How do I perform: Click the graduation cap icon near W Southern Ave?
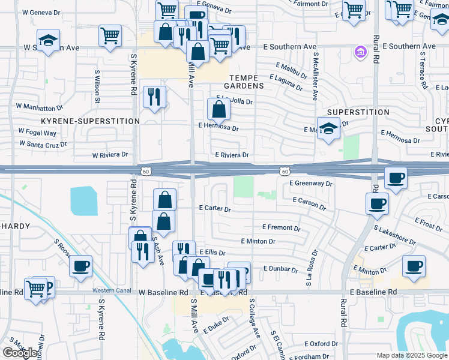(x=48, y=41)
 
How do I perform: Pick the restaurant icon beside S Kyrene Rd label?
(x=154, y=96)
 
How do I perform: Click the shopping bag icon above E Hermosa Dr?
(x=219, y=109)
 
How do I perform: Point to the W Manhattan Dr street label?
(x=40, y=107)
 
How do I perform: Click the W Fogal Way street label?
(x=37, y=133)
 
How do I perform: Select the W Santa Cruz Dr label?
(x=43, y=144)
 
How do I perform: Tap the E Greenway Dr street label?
(x=310, y=183)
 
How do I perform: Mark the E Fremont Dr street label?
(x=281, y=228)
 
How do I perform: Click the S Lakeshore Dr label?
(x=394, y=235)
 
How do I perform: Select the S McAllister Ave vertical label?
(x=314, y=76)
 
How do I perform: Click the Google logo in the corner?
(x=20, y=353)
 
